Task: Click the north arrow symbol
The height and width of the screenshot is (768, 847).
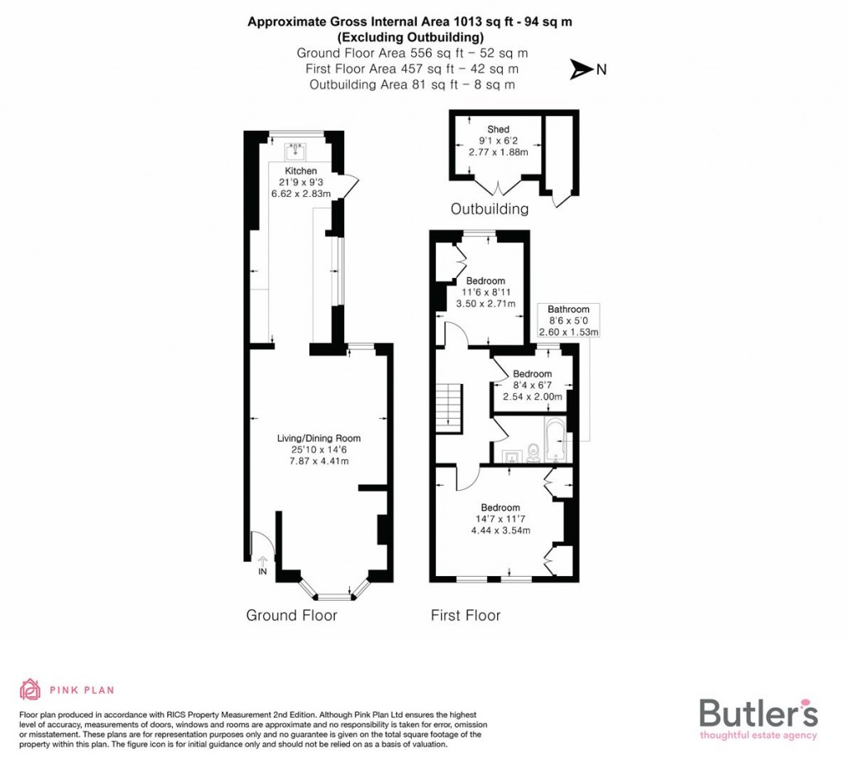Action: [582, 70]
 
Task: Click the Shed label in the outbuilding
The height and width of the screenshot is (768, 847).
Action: [498, 129]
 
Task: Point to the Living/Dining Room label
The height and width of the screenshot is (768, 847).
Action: [318, 439]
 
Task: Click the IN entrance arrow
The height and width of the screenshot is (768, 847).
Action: [263, 565]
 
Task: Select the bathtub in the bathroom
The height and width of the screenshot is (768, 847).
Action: [553, 439]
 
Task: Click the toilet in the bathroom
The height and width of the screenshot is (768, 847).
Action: [533, 452]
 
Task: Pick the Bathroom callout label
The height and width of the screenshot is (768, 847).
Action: [568, 310]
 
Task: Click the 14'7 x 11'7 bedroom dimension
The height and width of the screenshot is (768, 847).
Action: [500, 519]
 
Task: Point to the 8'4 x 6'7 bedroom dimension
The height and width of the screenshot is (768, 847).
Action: [532, 386]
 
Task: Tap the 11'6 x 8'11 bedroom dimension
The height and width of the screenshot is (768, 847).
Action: [485, 292]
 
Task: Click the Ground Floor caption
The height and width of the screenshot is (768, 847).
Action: [292, 615]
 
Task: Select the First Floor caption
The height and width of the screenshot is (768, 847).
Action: [466, 615]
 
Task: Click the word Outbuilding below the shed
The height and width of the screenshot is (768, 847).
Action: [490, 209]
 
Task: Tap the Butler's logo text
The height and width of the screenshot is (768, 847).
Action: [758, 713]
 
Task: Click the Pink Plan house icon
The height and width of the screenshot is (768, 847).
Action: [31, 689]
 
